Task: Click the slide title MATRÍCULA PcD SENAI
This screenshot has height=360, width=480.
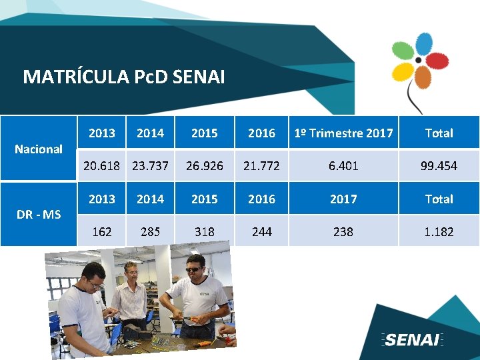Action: (124, 77)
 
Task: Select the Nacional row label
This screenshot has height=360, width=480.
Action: (39, 149)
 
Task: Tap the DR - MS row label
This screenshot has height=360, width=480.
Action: (39, 214)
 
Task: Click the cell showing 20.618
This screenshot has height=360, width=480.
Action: (102, 165)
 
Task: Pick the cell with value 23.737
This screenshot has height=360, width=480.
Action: (150, 165)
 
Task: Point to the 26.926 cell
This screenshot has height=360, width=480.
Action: (204, 165)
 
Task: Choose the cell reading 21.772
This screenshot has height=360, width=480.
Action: (261, 165)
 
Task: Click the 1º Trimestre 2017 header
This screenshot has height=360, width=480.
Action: (343, 133)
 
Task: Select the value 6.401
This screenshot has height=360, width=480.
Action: (343, 165)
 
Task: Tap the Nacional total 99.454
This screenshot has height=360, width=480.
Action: (439, 165)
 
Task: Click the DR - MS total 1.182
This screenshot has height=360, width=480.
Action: (439, 231)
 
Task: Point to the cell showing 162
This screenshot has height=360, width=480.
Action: (102, 231)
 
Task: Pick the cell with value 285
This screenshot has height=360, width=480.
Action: (150, 231)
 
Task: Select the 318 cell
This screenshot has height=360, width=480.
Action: (204, 231)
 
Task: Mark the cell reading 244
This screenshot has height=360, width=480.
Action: (261, 231)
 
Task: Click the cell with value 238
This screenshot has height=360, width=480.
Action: (343, 231)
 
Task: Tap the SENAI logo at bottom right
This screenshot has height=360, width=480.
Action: (413, 340)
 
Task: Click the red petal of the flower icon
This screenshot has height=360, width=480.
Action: (437, 61)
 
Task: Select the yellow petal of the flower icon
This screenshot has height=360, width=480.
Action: (403, 70)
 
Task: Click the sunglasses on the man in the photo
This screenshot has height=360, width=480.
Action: (195, 269)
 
